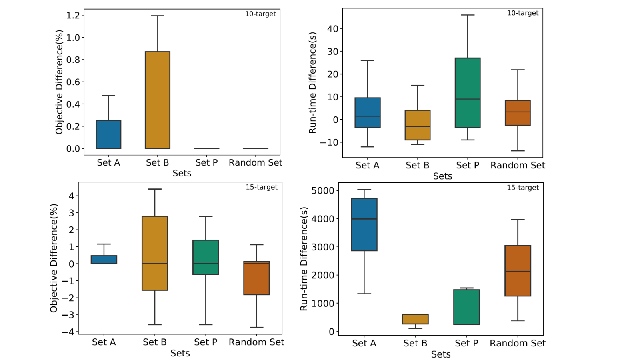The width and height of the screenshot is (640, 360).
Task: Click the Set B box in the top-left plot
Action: point(158,100)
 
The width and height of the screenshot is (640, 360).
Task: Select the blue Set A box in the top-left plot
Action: point(108,134)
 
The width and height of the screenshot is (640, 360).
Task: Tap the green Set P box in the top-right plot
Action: point(468,92)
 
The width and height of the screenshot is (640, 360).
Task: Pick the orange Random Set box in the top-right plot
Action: point(518,112)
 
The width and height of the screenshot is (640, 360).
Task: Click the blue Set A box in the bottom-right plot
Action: point(364,224)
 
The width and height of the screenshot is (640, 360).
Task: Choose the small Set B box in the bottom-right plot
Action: point(415,319)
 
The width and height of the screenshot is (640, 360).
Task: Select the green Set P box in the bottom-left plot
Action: point(206,257)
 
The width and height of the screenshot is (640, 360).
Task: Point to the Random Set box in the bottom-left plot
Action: point(256,278)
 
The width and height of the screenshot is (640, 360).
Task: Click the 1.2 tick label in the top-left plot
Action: point(73,15)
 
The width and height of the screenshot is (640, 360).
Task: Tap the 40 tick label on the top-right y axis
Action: point(332,28)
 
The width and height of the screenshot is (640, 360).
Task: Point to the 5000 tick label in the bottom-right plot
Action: point(323,190)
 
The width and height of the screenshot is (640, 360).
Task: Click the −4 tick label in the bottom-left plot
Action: point(68,332)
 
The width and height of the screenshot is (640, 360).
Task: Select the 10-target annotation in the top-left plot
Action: point(260,14)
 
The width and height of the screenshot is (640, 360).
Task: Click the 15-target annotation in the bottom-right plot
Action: point(523,188)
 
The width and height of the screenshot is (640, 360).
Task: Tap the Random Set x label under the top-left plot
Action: point(256,162)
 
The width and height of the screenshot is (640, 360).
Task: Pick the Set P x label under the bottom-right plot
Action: point(466,343)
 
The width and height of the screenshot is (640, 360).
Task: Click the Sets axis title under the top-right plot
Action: point(442,176)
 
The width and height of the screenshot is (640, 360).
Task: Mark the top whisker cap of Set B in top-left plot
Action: point(158,16)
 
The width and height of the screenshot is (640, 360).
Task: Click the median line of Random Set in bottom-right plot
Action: point(518,272)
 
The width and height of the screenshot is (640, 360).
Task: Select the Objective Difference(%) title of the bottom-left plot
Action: point(54,258)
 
